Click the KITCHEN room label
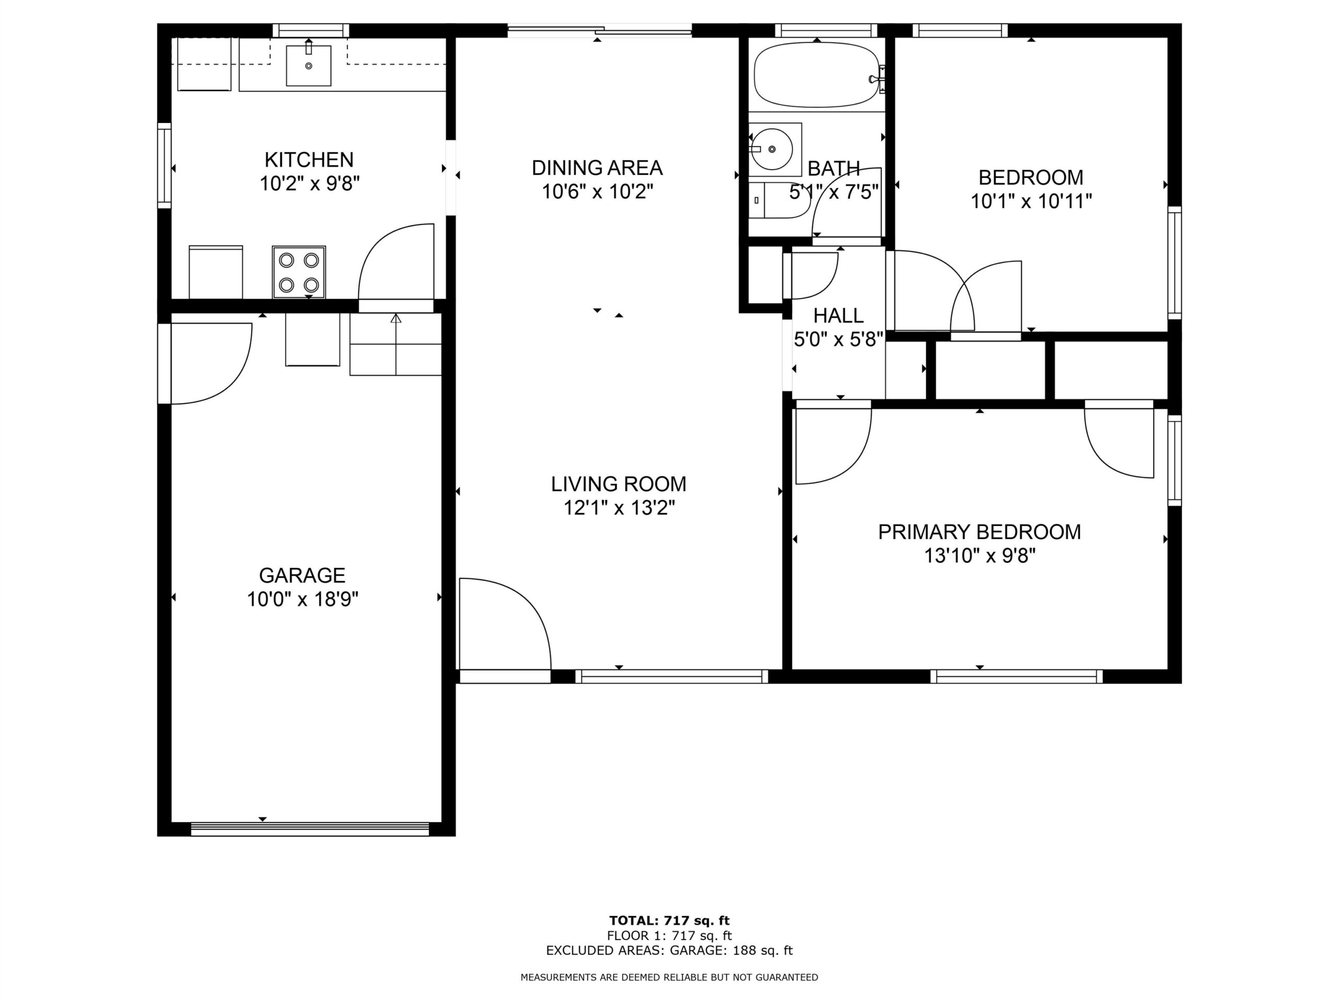pyautogui.click(x=309, y=160)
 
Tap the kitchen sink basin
pyautogui.click(x=309, y=66)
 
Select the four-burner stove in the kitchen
pyautogui.click(x=299, y=272)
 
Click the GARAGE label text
pyautogui.click(x=302, y=575)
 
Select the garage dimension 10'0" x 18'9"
pyautogui.click(x=303, y=599)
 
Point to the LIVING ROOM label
pyautogui.click(x=619, y=484)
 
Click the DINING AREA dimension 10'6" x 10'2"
pyautogui.click(x=597, y=192)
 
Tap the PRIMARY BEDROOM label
pyautogui.click(x=980, y=532)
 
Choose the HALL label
pyautogui.click(x=838, y=316)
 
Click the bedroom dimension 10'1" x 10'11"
pyautogui.click(x=1031, y=201)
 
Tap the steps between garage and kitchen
pyautogui.click(x=396, y=344)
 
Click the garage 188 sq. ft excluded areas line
pyautogui.click(x=669, y=951)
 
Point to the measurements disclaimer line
pyautogui.click(x=669, y=977)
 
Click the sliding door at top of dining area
pyautogui.click(x=599, y=29)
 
